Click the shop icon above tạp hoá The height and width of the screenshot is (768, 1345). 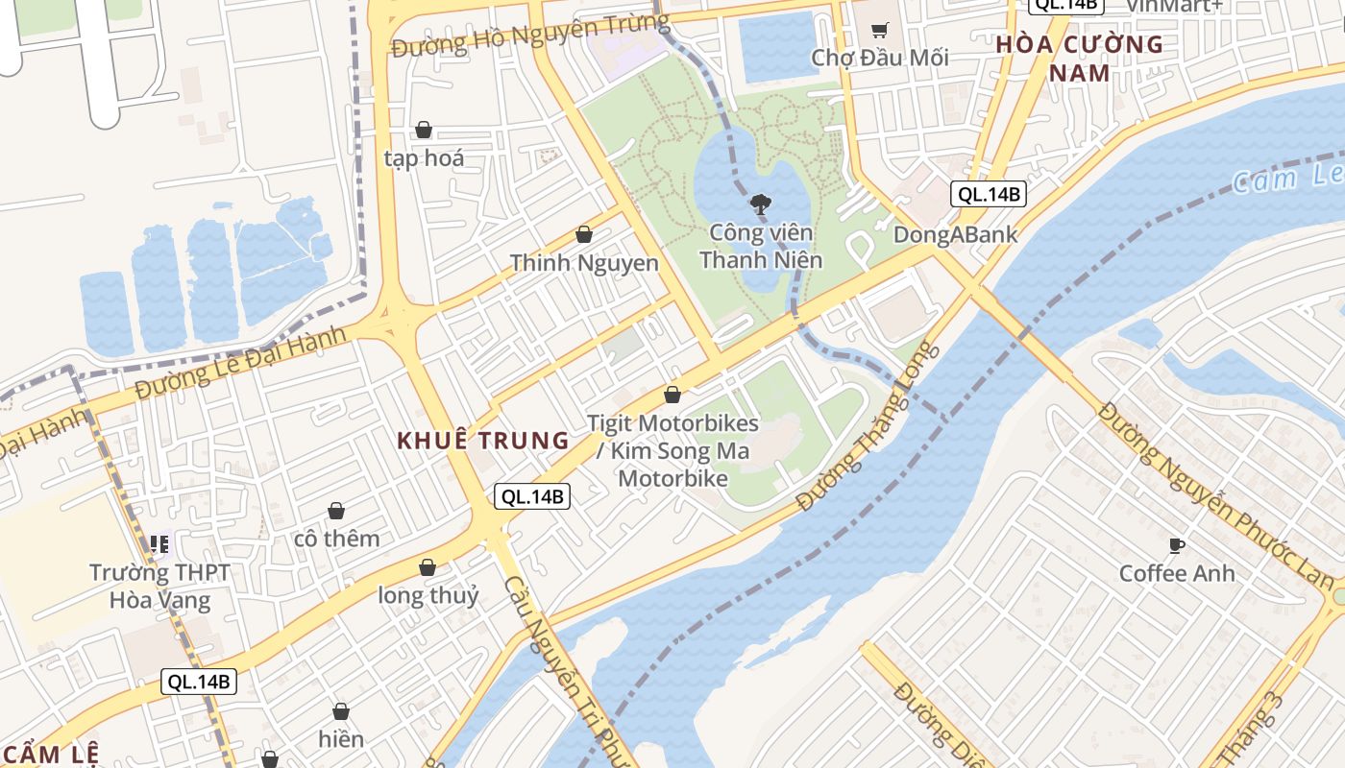423,130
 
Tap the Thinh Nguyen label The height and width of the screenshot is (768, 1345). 584,263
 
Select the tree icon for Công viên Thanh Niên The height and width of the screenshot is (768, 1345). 760,204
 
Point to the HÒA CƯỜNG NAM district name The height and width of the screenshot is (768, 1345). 1079,59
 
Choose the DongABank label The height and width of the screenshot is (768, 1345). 955,234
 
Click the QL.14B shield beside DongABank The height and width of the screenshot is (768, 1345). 989,194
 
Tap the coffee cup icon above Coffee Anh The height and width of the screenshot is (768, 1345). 1176,546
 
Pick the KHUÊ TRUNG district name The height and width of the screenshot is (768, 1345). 483,441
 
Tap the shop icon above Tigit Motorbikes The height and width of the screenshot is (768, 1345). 672,395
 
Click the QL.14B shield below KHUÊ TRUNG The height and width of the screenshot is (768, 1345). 532,496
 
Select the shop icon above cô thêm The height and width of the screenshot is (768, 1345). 336,511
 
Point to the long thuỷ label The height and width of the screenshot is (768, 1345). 428,595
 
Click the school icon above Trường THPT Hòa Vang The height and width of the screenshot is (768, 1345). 159,544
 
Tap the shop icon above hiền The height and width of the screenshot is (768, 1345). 341,711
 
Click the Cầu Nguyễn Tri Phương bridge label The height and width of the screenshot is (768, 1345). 567,672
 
